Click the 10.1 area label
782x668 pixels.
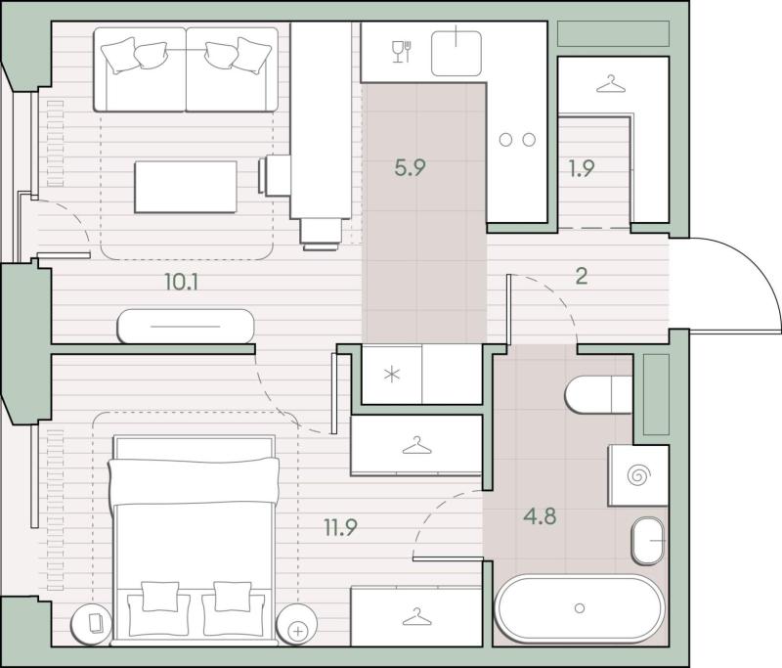(x=182, y=283)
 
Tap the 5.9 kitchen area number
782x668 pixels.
(x=410, y=167)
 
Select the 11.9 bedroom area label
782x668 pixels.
(x=340, y=527)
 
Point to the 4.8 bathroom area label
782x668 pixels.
(x=540, y=515)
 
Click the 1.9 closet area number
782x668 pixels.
(x=582, y=168)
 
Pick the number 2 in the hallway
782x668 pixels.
(x=582, y=276)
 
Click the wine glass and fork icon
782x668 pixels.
(x=402, y=52)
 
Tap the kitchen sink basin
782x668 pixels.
(x=456, y=54)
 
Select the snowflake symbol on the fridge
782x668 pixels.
(x=393, y=375)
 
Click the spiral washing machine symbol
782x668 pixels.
(x=637, y=475)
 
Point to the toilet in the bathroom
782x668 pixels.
(x=598, y=394)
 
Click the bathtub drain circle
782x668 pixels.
(x=580, y=608)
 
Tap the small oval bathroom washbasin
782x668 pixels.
(x=648, y=541)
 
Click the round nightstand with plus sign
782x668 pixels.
(x=297, y=623)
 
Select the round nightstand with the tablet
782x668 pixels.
(x=91, y=623)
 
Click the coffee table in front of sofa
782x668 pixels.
(x=186, y=187)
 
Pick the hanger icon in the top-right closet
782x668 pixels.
(x=611, y=84)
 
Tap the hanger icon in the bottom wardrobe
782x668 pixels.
(x=417, y=616)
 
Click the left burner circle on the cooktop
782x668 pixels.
(x=505, y=140)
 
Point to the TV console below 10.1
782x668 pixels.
(x=186, y=327)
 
